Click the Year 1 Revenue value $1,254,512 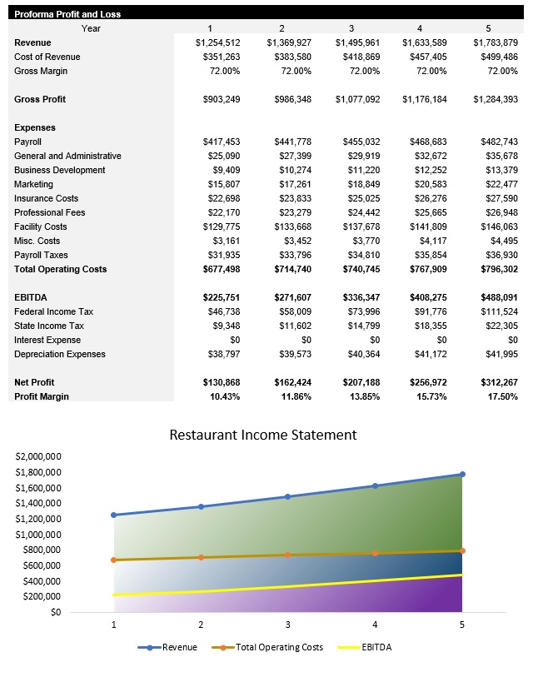coord(217,42)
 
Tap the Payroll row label coord(27,142)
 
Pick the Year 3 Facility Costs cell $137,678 coord(358,226)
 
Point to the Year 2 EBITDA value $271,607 coord(288,297)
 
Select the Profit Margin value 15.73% coord(430,396)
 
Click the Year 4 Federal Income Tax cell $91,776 coord(430,311)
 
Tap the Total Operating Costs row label coord(60,269)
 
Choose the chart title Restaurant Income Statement coord(263,435)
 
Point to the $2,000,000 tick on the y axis coord(38,456)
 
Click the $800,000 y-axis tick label coord(41,550)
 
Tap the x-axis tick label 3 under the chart coord(287,625)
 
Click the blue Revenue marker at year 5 coord(462,474)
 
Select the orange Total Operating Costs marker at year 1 coord(113,560)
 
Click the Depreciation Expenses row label coord(60,354)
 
